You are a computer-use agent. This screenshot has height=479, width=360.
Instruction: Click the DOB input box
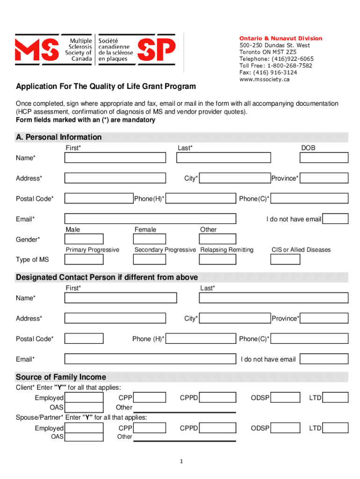pyautogui.click(x=324, y=158)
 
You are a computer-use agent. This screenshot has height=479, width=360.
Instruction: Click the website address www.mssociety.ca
pyautogui.click(x=265, y=80)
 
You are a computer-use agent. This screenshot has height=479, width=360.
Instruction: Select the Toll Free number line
pyautogui.click(x=276, y=65)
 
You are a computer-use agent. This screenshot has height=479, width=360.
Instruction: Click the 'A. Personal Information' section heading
pyautogui.click(x=59, y=137)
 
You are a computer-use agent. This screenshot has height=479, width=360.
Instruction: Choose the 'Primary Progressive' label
pyautogui.click(x=93, y=250)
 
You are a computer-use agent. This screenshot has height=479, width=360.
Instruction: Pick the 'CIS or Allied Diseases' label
pyautogui.click(x=301, y=250)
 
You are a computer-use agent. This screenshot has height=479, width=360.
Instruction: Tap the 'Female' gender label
pyautogui.click(x=145, y=230)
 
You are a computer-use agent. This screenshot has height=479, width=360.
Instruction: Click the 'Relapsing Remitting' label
pyautogui.click(x=227, y=250)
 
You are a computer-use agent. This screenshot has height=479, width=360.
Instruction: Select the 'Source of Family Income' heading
pyautogui.click(x=61, y=377)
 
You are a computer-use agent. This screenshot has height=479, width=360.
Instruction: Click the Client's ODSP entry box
pyautogui.click(x=286, y=398)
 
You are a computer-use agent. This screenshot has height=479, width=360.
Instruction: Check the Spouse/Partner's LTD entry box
pyautogui.click(x=336, y=428)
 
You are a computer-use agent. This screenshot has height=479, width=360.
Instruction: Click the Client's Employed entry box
pyautogui.click(x=84, y=398)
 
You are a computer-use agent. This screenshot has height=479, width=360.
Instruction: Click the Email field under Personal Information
pyautogui.click(x=150, y=219)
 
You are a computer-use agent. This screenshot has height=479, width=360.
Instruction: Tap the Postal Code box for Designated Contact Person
pyautogui.click(x=84, y=339)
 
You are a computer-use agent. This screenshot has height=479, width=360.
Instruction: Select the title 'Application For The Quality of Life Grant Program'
pyautogui.click(x=106, y=87)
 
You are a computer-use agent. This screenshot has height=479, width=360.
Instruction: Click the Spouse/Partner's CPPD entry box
pyautogui.click(x=219, y=428)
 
